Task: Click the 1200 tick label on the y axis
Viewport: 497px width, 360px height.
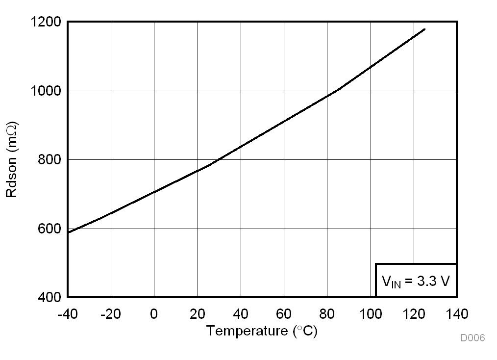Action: pos(47,22)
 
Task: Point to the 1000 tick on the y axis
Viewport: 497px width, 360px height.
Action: pos(47,91)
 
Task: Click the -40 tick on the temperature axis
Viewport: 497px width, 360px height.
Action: pos(68,313)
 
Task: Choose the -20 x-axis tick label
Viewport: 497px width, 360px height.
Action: pos(111,313)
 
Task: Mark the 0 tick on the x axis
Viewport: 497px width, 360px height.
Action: pos(154,313)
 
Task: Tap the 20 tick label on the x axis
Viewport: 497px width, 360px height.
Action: pos(197,313)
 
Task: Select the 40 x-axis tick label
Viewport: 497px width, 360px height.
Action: pos(241,313)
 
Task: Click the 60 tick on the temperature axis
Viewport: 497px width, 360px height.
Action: pos(284,313)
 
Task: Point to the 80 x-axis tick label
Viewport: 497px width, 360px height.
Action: pos(327,313)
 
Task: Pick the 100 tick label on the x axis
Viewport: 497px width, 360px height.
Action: pos(371,313)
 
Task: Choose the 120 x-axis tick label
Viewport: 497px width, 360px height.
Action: pos(414,313)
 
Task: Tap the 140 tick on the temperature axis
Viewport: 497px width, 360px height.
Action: pos(457,313)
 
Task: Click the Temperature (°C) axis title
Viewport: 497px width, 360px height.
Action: pos(262,331)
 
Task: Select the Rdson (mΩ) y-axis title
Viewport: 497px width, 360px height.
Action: pos(12,159)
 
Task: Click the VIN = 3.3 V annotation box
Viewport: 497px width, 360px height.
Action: pos(416,281)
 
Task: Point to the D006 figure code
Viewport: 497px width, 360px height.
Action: pos(472,338)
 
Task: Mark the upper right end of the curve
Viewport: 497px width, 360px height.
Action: pos(424,29)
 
